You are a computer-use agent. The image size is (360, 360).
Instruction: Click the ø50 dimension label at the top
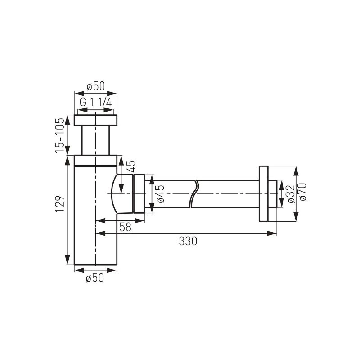pyautogui.click(x=96, y=86)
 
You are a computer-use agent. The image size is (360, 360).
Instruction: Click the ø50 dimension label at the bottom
pyautogui.click(x=95, y=278)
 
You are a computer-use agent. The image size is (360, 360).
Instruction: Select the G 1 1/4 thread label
pyautogui.click(x=96, y=102)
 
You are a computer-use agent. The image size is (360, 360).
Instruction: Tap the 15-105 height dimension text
pyautogui.click(x=60, y=135)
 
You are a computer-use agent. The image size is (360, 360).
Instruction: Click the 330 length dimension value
pyautogui.click(x=188, y=241)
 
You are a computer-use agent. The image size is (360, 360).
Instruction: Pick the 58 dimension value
pyautogui.click(x=126, y=227)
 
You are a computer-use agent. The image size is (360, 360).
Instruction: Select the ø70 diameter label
pyautogui.click(x=303, y=192)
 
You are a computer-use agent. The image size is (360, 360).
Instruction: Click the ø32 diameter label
pyautogui.click(x=291, y=194)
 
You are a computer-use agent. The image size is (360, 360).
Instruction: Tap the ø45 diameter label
pyautogui.click(x=161, y=194)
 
